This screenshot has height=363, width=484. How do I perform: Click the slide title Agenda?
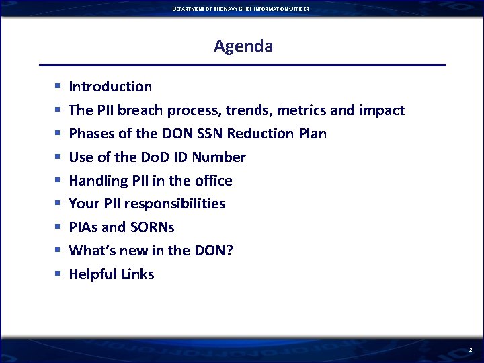243,46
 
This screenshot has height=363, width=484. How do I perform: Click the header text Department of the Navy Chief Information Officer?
241,8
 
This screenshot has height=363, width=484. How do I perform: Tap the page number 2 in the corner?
471,350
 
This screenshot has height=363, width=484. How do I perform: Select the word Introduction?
110,87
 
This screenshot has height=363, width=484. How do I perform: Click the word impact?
382,110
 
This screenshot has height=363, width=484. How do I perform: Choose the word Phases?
91,134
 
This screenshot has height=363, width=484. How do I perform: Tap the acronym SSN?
211,134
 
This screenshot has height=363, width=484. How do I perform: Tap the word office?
212,181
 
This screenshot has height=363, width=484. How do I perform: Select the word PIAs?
84,227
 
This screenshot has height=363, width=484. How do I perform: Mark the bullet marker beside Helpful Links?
58,274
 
